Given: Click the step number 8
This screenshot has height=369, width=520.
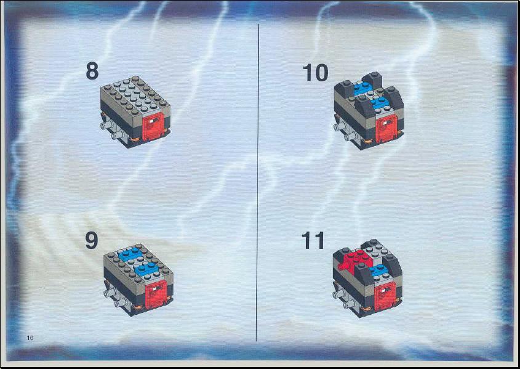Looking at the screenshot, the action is pyautogui.click(x=92, y=71).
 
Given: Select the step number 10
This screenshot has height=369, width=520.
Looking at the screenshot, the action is pyautogui.click(x=315, y=73).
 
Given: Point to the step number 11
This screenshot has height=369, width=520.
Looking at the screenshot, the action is pyautogui.click(x=313, y=241).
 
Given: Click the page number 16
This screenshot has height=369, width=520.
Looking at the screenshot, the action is pyautogui.click(x=30, y=338).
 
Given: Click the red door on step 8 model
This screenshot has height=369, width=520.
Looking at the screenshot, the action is pyautogui.click(x=153, y=126).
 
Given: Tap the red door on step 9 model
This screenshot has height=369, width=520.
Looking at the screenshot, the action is pyautogui.click(x=156, y=294).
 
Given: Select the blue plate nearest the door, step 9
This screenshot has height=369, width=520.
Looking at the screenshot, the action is pyautogui.click(x=145, y=269).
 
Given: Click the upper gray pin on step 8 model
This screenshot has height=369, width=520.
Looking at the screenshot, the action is pyautogui.click(x=106, y=126).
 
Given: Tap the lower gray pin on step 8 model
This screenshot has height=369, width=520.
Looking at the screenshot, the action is pyautogui.click(x=117, y=135).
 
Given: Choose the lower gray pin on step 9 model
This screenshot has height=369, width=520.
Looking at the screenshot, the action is pyautogui.click(x=120, y=303).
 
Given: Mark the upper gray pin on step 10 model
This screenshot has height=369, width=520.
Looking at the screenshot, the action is pyautogui.click(x=340, y=127).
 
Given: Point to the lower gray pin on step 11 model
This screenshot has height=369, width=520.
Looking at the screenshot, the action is pyautogui.click(x=350, y=304).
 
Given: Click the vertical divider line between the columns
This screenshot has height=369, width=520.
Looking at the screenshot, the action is pyautogui.click(x=258, y=182).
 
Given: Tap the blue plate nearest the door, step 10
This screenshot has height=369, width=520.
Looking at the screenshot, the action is pyautogui.click(x=380, y=103).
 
